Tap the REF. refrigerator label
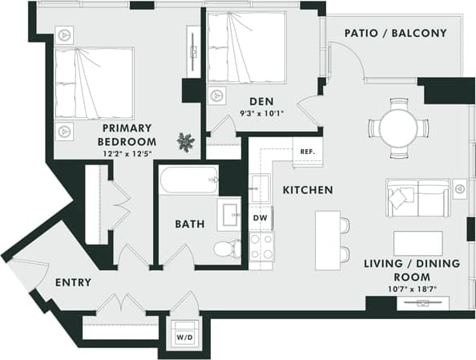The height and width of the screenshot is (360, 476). click(x=307, y=152)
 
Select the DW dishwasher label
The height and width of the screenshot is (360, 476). click(x=260, y=217)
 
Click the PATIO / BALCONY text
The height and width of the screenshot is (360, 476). click(x=395, y=34)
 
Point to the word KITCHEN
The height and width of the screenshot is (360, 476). click(x=308, y=190)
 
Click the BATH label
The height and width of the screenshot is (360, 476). click(x=189, y=224)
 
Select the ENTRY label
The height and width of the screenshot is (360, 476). click(x=73, y=283)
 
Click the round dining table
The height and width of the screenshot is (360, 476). click(x=398, y=127)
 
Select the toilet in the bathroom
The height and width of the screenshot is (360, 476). click(x=229, y=248)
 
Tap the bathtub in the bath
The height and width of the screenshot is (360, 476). click(x=189, y=180)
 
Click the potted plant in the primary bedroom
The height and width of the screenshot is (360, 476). click(x=186, y=142)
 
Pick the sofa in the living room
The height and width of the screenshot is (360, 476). click(x=418, y=197)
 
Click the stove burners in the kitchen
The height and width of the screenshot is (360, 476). click(x=261, y=245)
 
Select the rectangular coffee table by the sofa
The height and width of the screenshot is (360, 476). click(x=418, y=243)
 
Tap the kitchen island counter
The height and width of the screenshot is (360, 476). click(x=327, y=240)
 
